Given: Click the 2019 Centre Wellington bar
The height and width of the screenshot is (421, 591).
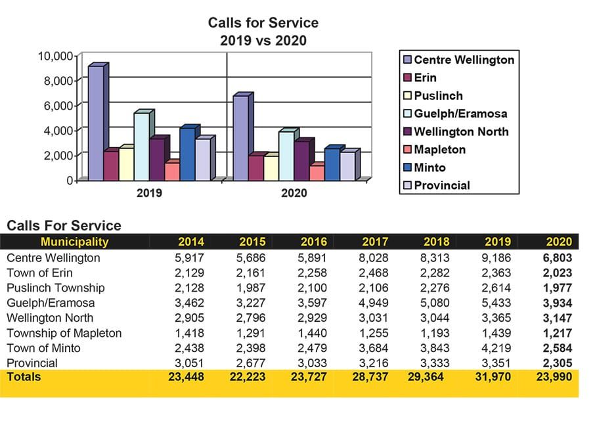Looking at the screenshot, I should (x=95, y=123).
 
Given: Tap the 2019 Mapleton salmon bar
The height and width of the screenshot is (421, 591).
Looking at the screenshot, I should (x=171, y=171).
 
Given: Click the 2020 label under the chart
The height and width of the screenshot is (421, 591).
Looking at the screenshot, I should (x=294, y=194).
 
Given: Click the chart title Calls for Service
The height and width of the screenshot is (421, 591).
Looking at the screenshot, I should (x=263, y=23).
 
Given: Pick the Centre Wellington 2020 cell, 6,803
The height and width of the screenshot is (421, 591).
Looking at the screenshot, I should (x=559, y=258).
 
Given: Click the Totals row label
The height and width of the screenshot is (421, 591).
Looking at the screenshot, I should (x=24, y=377).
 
